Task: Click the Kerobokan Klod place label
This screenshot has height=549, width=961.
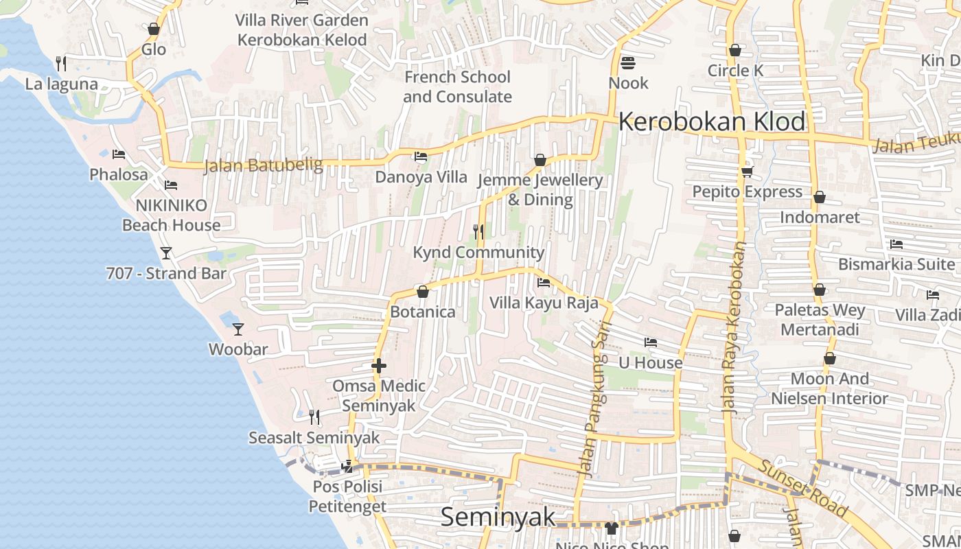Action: [712, 121]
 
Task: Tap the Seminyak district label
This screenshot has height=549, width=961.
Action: [498, 517]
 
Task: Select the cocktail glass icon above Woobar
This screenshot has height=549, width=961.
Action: [238, 329]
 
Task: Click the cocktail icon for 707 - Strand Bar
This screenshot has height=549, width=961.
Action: [165, 253]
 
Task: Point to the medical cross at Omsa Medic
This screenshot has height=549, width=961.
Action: [378, 366]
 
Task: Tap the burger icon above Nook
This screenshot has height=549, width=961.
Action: [627, 63]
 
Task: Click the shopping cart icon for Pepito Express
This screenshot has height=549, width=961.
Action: [747, 172]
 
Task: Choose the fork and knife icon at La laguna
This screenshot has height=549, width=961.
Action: [61, 64]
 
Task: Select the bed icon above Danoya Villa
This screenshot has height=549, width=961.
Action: [421, 156]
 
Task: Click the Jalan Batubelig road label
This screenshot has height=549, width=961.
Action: [264, 165]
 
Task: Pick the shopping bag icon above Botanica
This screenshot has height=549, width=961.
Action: [422, 292]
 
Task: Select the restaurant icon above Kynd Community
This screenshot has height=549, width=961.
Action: [478, 232]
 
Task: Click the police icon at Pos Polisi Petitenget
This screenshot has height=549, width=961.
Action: [347, 467]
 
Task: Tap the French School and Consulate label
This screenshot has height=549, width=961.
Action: [457, 86]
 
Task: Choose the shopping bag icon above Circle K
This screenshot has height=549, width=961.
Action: [735, 50]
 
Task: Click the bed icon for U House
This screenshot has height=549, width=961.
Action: [650, 342]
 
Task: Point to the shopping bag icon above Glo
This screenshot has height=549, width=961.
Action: [154, 29]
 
